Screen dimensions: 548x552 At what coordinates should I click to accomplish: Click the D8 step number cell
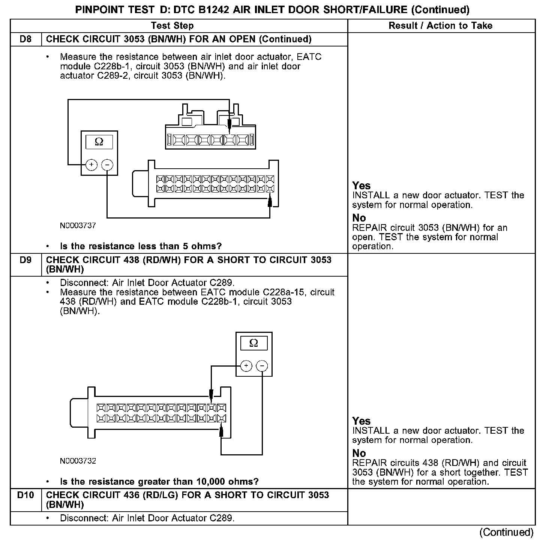tap(25, 39)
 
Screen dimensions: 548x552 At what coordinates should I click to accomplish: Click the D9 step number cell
tap(25, 260)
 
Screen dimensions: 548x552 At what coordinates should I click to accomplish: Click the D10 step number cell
tap(25, 496)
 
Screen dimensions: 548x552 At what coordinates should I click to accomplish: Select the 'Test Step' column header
tap(172, 26)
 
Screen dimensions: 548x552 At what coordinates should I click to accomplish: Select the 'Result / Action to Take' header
tap(441, 26)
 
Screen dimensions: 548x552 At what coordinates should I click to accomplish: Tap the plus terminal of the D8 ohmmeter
tap(91, 165)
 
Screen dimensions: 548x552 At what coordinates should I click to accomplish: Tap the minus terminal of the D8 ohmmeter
tap(107, 165)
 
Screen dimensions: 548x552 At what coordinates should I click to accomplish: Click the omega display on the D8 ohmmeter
tap(99, 142)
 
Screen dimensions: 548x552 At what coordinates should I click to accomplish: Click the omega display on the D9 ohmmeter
tap(253, 343)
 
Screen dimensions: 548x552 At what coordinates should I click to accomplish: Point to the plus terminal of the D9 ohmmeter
tap(246, 366)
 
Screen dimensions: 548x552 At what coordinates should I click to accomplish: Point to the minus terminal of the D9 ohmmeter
tap(262, 366)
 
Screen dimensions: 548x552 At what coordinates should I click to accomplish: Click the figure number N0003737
tap(78, 226)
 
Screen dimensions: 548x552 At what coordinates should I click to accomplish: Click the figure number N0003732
tap(78, 461)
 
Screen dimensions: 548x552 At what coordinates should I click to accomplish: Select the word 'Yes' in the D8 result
tap(361, 186)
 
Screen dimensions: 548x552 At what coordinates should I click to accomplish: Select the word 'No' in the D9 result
tap(359, 454)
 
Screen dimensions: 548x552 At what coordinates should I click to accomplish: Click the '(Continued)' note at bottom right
tap(506, 532)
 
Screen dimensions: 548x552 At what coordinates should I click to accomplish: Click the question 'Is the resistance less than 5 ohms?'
tap(141, 246)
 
